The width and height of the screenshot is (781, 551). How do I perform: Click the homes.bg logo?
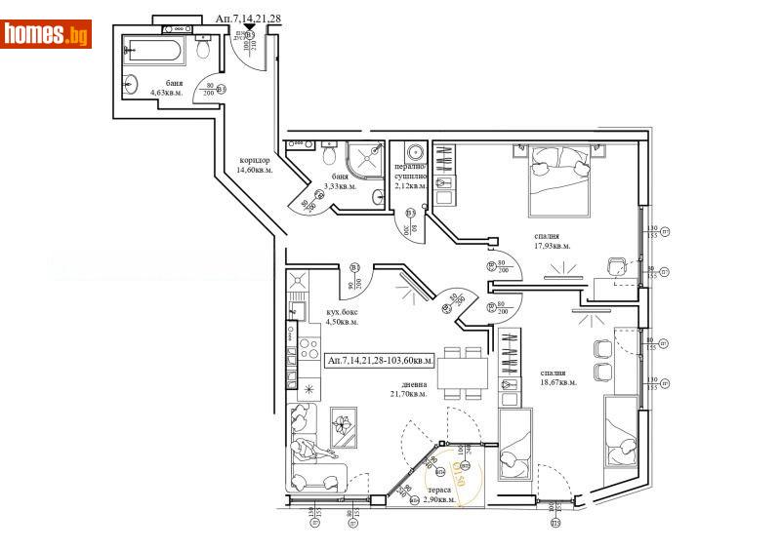(46, 34)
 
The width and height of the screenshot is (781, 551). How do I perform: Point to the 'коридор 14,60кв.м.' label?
(255, 165)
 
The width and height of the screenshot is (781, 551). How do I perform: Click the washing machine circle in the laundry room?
(414, 153)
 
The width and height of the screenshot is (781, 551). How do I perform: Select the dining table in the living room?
(461, 374)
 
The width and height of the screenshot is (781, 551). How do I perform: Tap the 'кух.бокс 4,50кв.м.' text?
(342, 317)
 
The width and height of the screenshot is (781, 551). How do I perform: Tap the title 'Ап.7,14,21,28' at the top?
(249, 19)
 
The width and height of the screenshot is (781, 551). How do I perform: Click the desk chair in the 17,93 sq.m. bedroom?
(617, 268)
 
